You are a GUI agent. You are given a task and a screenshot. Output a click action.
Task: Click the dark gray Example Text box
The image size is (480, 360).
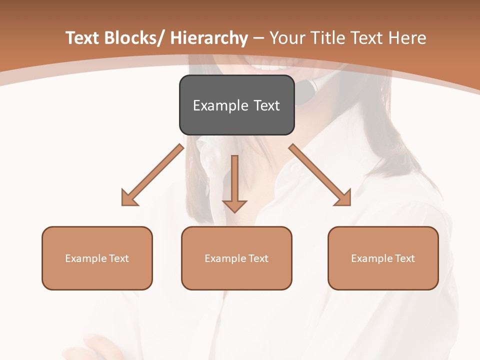coord(236,105)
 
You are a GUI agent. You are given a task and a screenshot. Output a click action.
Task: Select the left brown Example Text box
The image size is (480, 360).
coord(97,258)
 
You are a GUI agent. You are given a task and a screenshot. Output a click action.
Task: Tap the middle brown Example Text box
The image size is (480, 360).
coord(236,258)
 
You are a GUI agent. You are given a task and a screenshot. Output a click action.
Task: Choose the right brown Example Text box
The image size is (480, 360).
coord(383,258)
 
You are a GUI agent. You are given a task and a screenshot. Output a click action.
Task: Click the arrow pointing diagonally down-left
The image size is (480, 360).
coord(152,175)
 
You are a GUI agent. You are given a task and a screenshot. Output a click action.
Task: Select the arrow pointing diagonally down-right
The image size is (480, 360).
coord(320,175)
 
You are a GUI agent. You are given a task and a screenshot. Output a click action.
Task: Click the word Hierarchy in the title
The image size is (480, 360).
coord(209,38)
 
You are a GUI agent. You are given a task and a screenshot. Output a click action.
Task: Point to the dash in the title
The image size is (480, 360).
coord(258,39)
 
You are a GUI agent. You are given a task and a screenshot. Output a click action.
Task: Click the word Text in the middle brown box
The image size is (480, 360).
coord(258,258)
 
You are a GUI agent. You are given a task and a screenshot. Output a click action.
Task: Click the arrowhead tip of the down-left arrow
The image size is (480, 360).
coord(123,204)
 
